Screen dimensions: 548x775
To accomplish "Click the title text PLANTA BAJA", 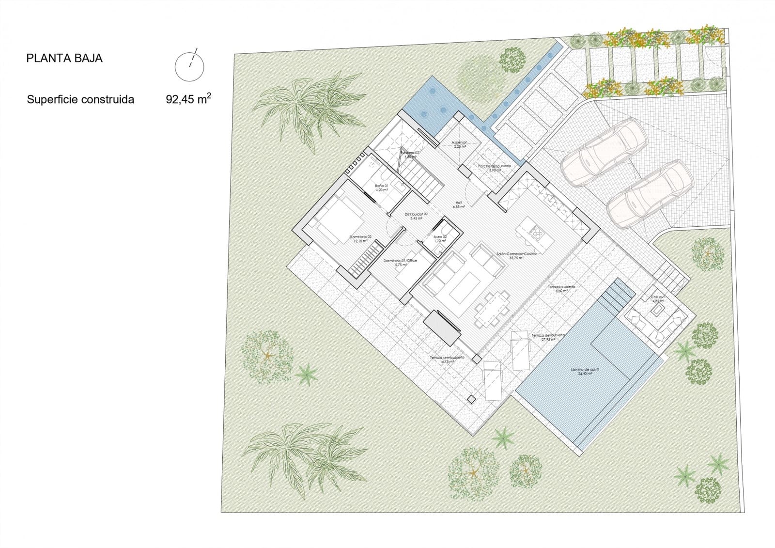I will point(64,59).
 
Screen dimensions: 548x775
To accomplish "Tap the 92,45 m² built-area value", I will point(188,100).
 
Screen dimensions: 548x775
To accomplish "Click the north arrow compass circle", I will point(189,67).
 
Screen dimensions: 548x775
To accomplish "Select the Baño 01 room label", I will point(382,186).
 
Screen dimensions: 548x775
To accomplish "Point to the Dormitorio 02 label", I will point(360,237).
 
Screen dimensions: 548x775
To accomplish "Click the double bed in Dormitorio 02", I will point(339,220).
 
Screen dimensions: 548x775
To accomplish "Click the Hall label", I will point(458,204).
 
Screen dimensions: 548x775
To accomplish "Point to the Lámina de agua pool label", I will point(585,370).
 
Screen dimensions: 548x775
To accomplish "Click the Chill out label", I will point(658,297).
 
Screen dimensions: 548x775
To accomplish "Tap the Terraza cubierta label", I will point(561,287).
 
